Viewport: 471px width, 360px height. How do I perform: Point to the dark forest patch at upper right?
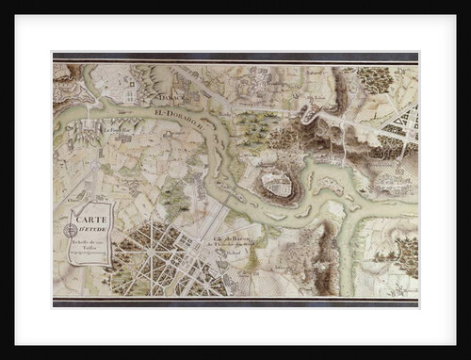[x=378, y=79]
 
